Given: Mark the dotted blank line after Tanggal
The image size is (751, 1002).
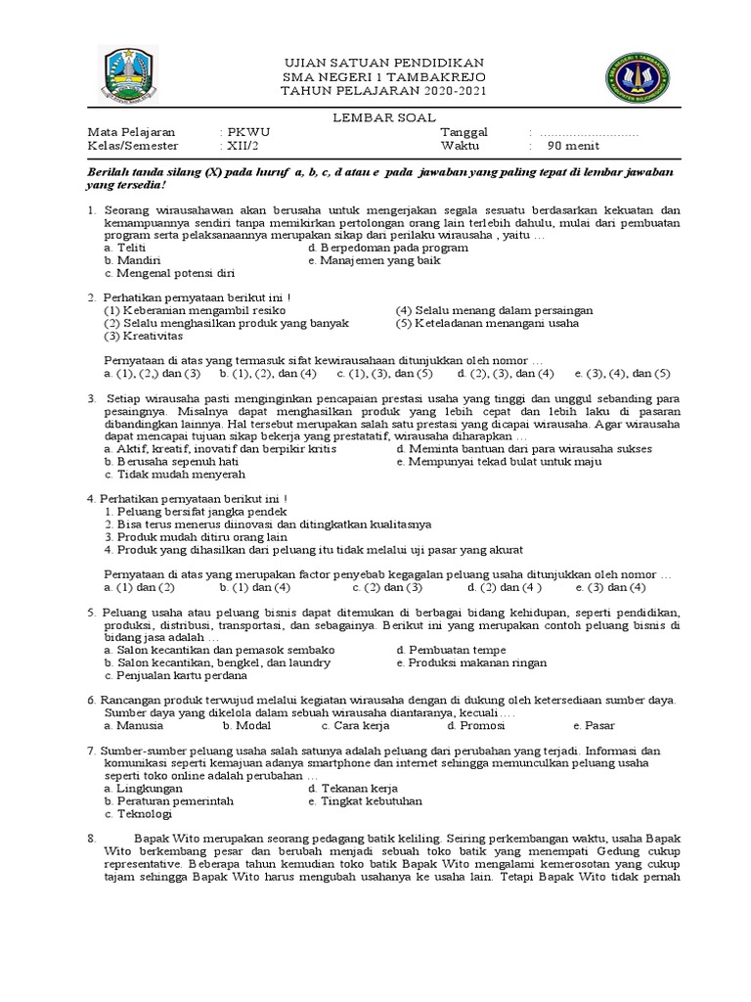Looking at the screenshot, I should [x=588, y=132].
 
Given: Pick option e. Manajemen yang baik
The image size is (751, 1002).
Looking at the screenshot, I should [x=374, y=261].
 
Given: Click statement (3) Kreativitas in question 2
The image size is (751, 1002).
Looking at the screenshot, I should [x=143, y=336].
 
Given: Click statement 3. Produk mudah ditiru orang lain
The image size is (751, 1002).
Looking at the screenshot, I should [x=196, y=536].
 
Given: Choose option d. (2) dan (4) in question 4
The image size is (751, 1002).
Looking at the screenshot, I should [x=505, y=587].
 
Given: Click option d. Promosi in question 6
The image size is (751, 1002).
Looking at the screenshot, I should [x=476, y=726].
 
